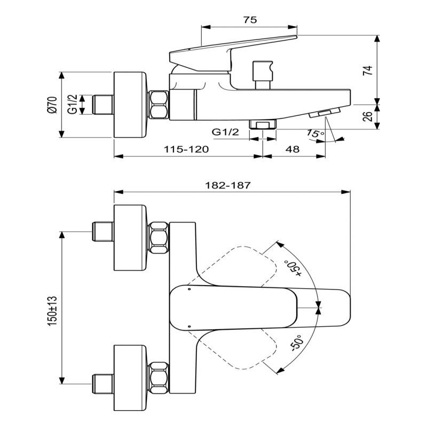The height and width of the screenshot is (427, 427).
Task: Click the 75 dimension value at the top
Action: tap(250, 20)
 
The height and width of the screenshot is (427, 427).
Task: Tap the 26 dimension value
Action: tap(368, 116)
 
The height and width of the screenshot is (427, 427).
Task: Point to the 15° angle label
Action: tap(315, 134)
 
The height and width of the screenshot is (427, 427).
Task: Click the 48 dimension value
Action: tap(292, 149)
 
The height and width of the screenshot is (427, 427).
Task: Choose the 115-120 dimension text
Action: tap(186, 149)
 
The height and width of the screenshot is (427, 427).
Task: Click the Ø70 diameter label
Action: tap(52, 105)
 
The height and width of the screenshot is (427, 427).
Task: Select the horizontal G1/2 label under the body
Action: tap(225, 132)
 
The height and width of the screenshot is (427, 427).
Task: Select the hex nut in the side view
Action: tap(159, 105)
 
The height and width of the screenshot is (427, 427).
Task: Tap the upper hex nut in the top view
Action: tap(159, 236)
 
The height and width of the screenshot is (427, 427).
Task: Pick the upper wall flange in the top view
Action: tap(130, 236)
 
